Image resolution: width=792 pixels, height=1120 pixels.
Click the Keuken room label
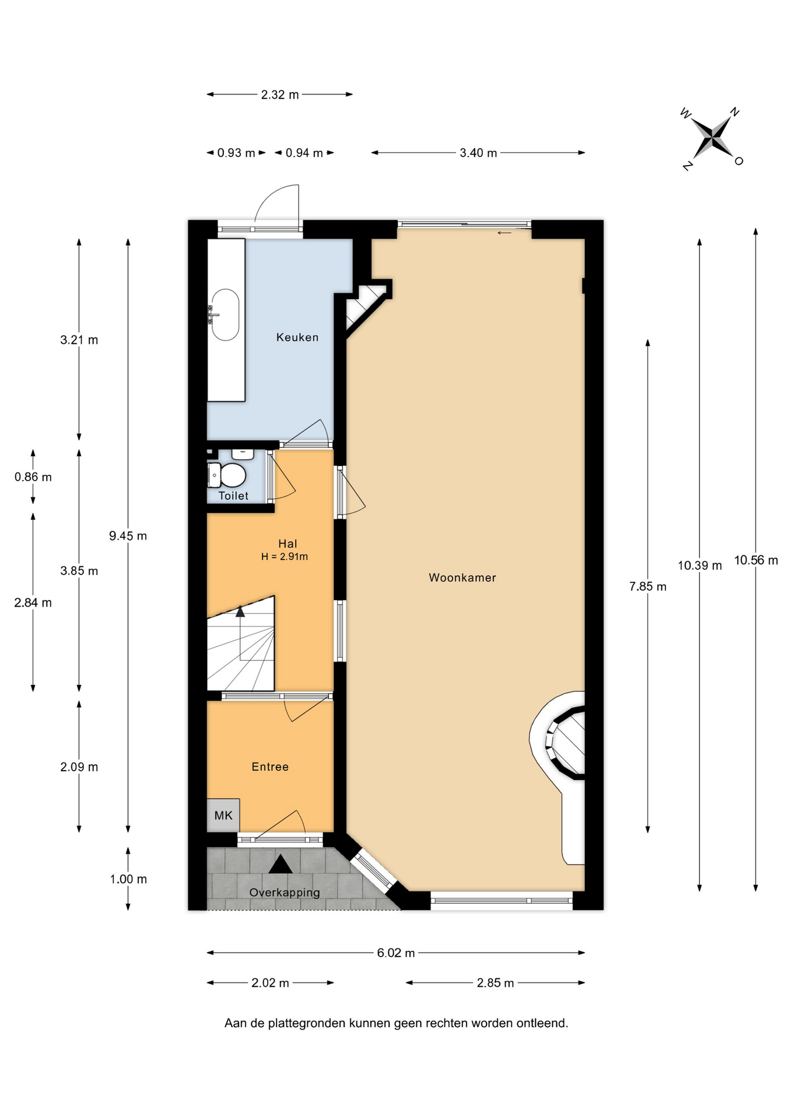[x=297, y=337]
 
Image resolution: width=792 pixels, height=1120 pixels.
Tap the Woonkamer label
[x=462, y=577]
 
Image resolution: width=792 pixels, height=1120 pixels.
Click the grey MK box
[x=223, y=815]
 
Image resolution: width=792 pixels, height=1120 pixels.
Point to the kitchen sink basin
[x=225, y=314]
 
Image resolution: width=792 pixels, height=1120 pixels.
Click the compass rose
[x=712, y=139]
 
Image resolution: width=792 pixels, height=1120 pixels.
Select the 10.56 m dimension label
[x=756, y=560]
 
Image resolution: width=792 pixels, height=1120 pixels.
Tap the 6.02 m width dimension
[x=396, y=953]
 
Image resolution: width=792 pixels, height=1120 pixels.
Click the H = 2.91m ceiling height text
[x=285, y=556]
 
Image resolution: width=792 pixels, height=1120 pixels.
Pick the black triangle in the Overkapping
[x=281, y=864]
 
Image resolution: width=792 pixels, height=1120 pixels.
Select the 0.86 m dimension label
[x=33, y=477]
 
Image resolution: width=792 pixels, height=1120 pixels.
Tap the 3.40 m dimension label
[x=478, y=153]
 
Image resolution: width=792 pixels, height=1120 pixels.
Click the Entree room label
[x=270, y=766]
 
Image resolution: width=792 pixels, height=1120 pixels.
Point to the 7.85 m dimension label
[x=648, y=586]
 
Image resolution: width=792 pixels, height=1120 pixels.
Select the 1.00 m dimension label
[x=128, y=879]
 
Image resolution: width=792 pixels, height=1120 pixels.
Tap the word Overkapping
[x=285, y=892]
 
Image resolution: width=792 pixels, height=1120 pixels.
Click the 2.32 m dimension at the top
[x=280, y=94]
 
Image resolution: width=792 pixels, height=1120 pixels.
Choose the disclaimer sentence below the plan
[x=397, y=1023]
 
